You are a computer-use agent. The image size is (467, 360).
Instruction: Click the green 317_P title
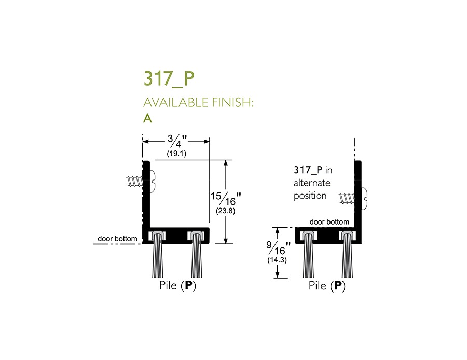tap(169, 78)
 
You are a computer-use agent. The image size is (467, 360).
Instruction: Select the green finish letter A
tap(147, 118)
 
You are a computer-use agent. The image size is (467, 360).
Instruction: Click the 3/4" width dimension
tap(177, 141)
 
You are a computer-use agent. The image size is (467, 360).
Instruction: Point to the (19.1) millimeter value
tap(176, 154)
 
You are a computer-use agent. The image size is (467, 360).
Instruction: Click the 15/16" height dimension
tap(226, 199)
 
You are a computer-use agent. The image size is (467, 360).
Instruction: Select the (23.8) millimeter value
tap(226, 211)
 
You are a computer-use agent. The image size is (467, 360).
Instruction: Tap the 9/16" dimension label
tap(278, 248)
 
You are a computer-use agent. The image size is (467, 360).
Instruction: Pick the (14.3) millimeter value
tap(277, 260)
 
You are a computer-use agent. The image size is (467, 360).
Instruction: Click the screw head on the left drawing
tap(153, 181)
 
